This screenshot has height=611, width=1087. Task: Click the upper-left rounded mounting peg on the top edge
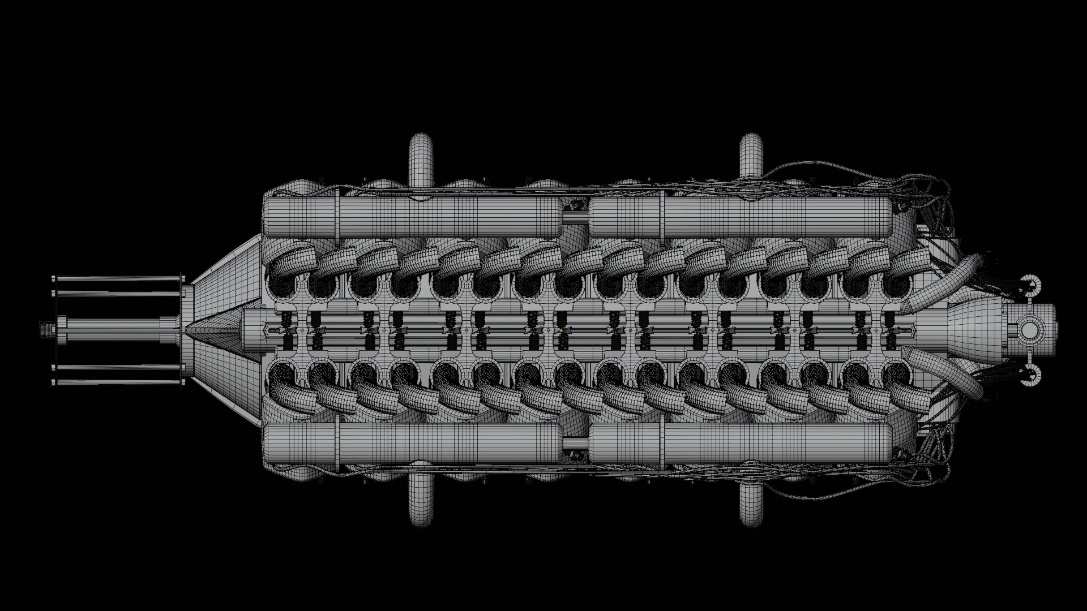click(420, 156)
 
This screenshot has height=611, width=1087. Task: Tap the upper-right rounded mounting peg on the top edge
click(751, 156)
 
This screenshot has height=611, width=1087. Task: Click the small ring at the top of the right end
click(1031, 283)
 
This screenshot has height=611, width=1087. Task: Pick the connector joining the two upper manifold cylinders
click(576, 217)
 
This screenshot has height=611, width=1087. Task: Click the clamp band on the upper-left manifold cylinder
click(337, 218)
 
